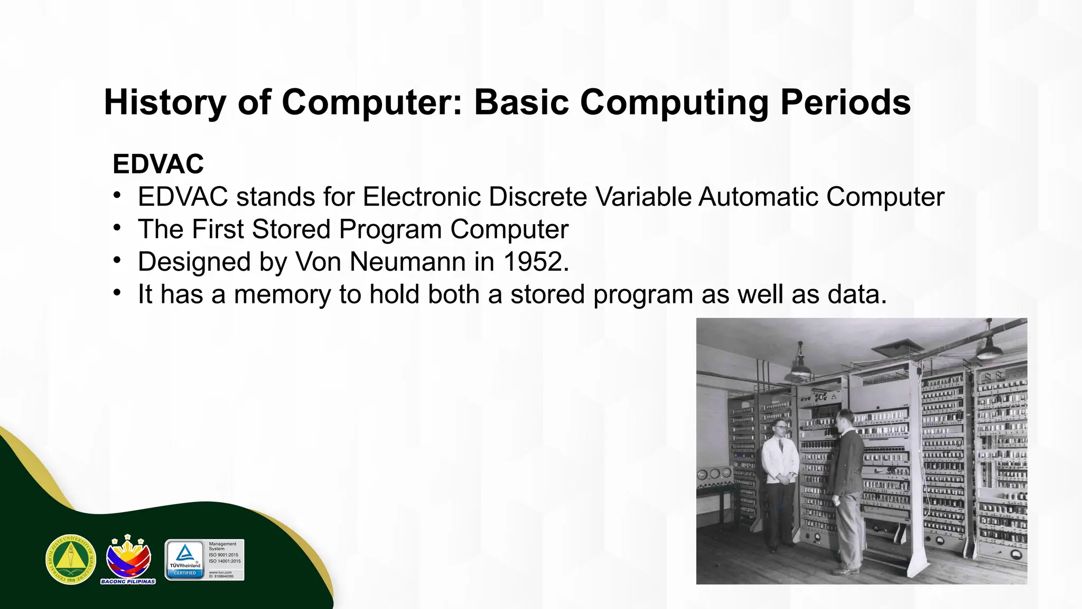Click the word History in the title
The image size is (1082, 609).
coord(165,102)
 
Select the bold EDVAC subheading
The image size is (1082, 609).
coord(158,164)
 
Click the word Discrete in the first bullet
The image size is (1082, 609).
coord(538,197)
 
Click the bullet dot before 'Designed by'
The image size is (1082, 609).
coord(117,261)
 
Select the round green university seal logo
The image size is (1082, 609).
coord(71,559)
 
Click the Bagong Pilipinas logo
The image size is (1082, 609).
coord(128,559)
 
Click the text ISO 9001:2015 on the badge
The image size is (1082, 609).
coord(223,555)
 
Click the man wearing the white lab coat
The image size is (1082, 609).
coord(779,476)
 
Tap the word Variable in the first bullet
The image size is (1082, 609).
coord(643,197)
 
